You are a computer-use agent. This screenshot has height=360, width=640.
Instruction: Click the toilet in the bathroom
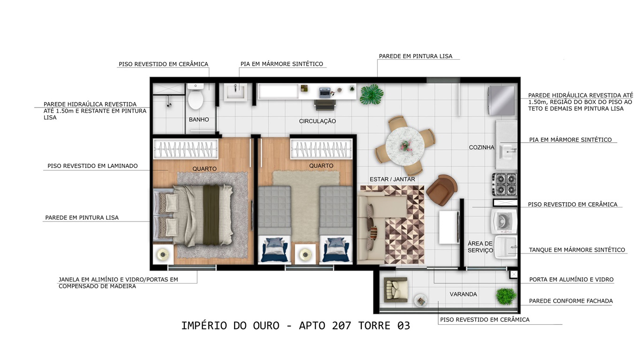tap(195, 97)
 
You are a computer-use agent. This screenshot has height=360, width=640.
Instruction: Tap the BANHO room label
tap(199, 120)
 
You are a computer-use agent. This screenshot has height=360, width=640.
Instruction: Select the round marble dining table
tap(405, 144)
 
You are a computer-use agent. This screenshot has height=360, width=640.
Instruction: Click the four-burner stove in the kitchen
tap(504, 184)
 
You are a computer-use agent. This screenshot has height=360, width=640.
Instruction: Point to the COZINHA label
tap(481, 147)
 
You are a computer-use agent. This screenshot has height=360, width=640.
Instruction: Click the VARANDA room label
tap(463, 294)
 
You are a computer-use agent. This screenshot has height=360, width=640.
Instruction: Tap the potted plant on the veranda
tap(505, 296)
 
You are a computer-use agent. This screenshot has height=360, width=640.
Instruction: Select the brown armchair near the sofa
tap(442, 188)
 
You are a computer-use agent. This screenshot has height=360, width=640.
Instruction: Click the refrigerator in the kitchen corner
tap(502, 100)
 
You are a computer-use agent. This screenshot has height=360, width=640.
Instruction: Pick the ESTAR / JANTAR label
tap(392, 179)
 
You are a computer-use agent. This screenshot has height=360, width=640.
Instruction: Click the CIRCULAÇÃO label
tap(317, 121)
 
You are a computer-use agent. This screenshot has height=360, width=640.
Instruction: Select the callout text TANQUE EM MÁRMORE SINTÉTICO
tap(577, 250)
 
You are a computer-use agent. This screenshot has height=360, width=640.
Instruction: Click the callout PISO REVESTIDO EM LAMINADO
tap(92, 166)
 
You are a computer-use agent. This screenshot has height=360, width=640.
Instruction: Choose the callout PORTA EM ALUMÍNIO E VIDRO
tap(571, 279)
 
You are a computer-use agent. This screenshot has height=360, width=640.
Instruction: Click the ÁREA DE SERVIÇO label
tap(480, 247)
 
